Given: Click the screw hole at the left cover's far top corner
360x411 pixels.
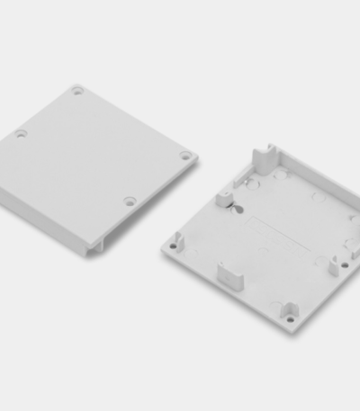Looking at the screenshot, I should (77, 90).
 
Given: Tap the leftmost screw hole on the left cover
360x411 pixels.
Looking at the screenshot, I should (21, 134).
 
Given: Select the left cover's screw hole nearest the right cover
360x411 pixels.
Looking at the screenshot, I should (184, 156).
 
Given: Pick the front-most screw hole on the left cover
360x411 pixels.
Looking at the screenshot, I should (130, 201).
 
